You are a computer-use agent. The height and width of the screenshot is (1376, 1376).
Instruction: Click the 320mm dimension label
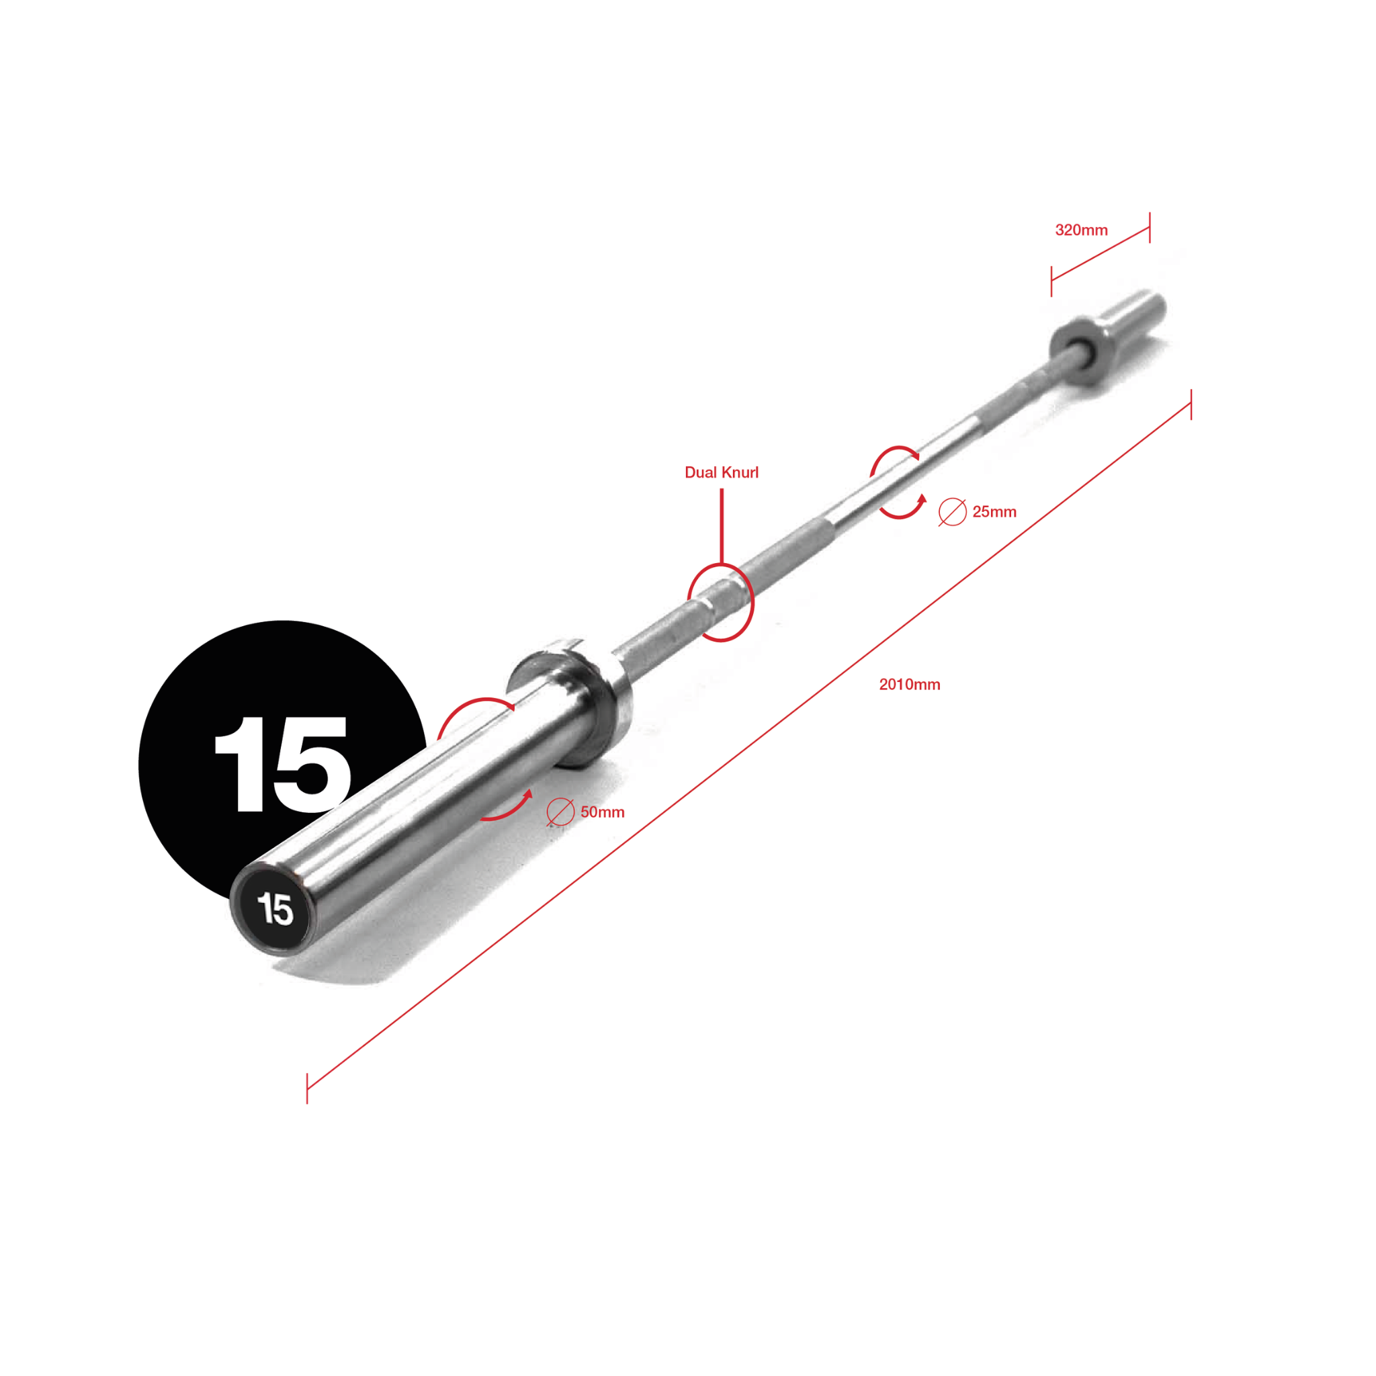click(x=1081, y=230)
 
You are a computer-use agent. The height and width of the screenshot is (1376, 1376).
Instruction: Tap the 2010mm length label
click(x=910, y=685)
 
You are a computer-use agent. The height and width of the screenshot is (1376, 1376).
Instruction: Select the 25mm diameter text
click(x=994, y=511)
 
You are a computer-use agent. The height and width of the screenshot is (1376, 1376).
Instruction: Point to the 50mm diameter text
click(x=603, y=812)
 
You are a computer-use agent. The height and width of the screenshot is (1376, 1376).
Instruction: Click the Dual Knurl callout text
click(x=722, y=472)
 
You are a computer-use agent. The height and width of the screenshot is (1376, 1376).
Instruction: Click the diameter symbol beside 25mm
click(x=952, y=512)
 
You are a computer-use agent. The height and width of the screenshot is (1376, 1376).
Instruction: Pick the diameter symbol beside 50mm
click(x=560, y=812)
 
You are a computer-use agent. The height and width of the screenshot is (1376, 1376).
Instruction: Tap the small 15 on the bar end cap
click(x=275, y=910)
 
